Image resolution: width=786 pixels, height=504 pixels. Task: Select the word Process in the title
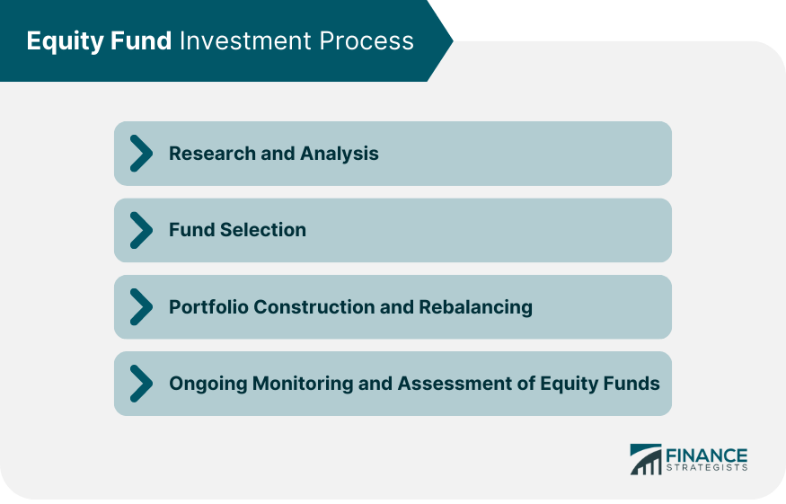tap(367, 41)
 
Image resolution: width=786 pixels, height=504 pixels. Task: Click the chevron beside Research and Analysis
tap(141, 154)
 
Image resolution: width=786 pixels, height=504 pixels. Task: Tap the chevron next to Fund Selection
tap(141, 230)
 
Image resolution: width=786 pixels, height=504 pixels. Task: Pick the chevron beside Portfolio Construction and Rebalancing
tap(141, 307)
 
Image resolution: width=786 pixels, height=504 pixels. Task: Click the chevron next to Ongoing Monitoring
tap(141, 384)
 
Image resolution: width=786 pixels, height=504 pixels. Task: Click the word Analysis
tap(342, 154)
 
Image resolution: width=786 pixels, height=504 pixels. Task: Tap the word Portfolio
tap(208, 307)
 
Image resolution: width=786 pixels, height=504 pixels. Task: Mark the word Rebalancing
tap(475, 307)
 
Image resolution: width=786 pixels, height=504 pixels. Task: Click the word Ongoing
tap(208, 384)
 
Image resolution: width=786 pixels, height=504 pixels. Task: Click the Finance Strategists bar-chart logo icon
tap(644, 458)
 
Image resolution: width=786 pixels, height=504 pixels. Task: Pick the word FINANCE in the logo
tap(706, 454)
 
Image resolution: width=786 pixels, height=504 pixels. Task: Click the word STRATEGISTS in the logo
tap(706, 468)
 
